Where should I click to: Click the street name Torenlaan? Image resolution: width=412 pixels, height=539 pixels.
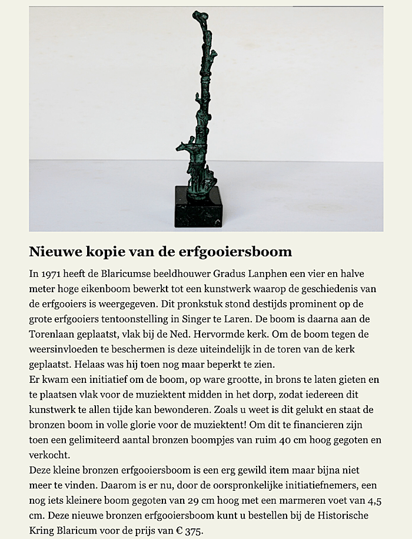click(x=54, y=335)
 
